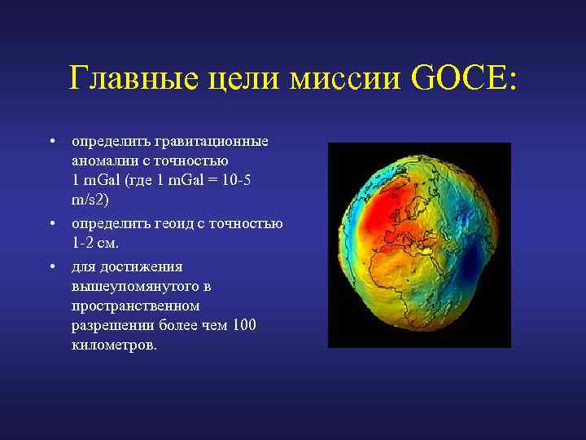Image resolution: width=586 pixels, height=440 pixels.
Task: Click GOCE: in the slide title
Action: point(465,80)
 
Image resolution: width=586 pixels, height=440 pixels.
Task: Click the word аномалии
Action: point(103,161)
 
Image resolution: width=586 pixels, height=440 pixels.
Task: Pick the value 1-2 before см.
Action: point(85,244)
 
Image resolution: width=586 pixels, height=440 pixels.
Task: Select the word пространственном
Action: point(135,306)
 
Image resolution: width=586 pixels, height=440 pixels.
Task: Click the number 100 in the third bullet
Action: point(243,325)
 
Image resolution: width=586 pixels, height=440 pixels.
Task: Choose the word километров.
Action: point(113,345)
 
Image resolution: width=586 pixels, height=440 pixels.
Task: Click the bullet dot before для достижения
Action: point(51,266)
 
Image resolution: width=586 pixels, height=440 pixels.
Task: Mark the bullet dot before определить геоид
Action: point(51,222)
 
